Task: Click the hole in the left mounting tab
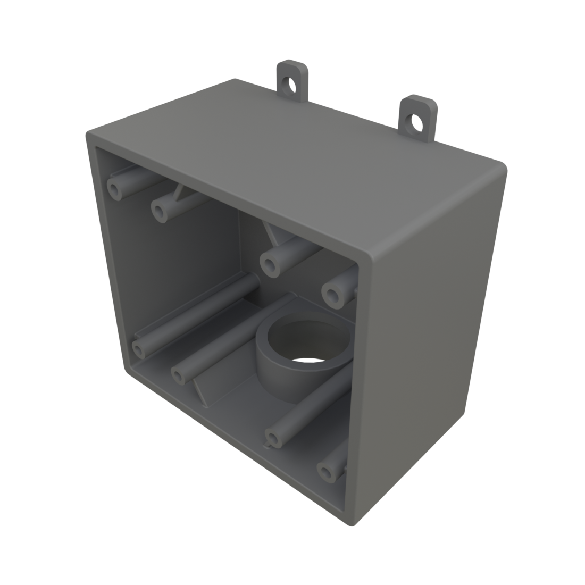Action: tap(290, 83)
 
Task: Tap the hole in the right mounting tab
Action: tap(415, 122)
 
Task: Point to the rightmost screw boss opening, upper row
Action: tap(333, 294)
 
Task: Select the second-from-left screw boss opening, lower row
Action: tap(179, 375)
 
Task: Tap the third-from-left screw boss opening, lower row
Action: tap(273, 439)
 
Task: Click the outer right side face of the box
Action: tap(431, 340)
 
